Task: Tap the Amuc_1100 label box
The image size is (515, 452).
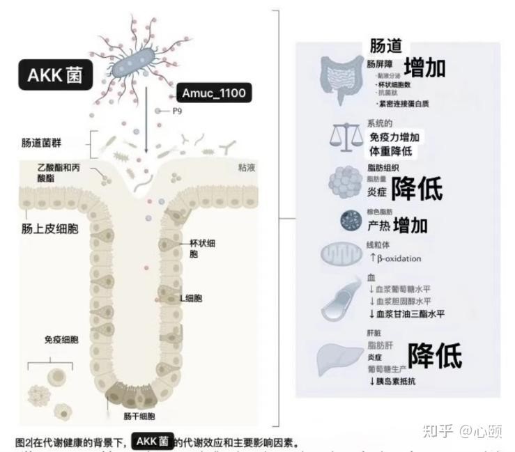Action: (x=213, y=93)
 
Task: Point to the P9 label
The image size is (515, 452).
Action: (x=177, y=111)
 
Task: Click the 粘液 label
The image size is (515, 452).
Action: (x=248, y=167)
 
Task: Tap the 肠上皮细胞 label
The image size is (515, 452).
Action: (x=49, y=228)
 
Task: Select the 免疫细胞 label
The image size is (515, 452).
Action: (x=61, y=340)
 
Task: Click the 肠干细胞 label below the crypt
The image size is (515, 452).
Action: (x=139, y=416)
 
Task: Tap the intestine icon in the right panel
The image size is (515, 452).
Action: (x=341, y=79)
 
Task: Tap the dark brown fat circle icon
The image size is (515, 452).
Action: (x=350, y=221)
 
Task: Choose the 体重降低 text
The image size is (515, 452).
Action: (x=391, y=150)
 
